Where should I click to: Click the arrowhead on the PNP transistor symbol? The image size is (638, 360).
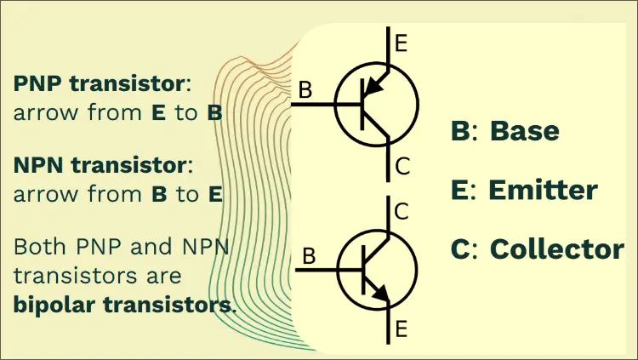click(371, 87)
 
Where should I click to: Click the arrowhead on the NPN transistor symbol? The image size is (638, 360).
click(383, 295)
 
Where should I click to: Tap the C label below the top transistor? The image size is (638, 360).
click(402, 167)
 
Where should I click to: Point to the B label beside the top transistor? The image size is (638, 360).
click(306, 89)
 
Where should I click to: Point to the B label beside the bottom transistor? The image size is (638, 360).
click(310, 254)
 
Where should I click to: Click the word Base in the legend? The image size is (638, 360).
click(526, 131)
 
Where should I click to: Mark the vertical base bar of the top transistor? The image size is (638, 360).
click(362, 104)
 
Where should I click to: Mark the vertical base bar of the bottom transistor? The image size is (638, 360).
click(365, 270)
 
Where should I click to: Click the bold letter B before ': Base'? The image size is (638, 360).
click(459, 131)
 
